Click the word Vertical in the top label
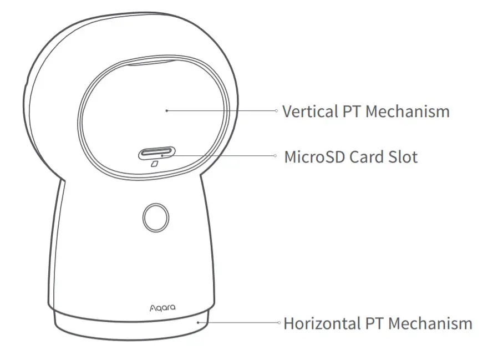pyautogui.click(x=308, y=111)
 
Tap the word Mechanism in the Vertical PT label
pyautogui.click(x=407, y=111)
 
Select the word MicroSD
pyautogui.click(x=314, y=157)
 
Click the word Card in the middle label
pyautogui.click(x=366, y=157)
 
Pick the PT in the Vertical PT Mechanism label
pyautogui.click(x=350, y=111)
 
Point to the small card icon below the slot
pyautogui.click(x=154, y=165)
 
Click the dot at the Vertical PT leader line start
pyautogui.click(x=166, y=110)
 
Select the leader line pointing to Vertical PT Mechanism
pyautogui.click(x=222, y=110)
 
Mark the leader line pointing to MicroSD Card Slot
pyautogui.click(x=222, y=156)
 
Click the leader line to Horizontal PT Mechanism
pyautogui.click(x=238, y=322)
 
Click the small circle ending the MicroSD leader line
pyautogui.click(x=276, y=156)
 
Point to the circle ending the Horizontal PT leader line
pyautogui.click(x=278, y=322)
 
